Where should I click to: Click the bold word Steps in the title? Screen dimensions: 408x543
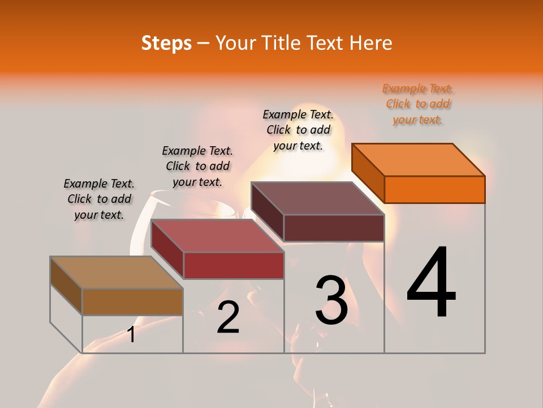(x=166, y=43)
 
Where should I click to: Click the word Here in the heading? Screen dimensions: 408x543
(x=370, y=43)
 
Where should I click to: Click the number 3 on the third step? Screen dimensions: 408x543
(x=331, y=300)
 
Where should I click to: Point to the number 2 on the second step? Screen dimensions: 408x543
(x=228, y=318)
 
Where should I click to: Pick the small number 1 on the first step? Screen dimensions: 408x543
(x=131, y=334)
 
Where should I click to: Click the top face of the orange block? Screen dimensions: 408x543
(x=418, y=159)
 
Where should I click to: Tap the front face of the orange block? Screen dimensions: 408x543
(x=434, y=189)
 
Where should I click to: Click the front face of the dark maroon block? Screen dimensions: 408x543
(x=334, y=228)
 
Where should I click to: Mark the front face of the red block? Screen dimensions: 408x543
(x=234, y=265)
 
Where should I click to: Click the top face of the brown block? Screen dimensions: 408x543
(x=116, y=273)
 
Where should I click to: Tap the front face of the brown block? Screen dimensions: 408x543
(x=132, y=301)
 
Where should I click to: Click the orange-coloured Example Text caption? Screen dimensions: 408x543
(x=417, y=104)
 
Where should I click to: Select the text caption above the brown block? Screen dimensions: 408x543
(x=99, y=199)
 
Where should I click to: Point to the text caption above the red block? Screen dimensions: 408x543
(x=197, y=166)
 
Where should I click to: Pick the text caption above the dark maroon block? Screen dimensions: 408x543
(x=298, y=130)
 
